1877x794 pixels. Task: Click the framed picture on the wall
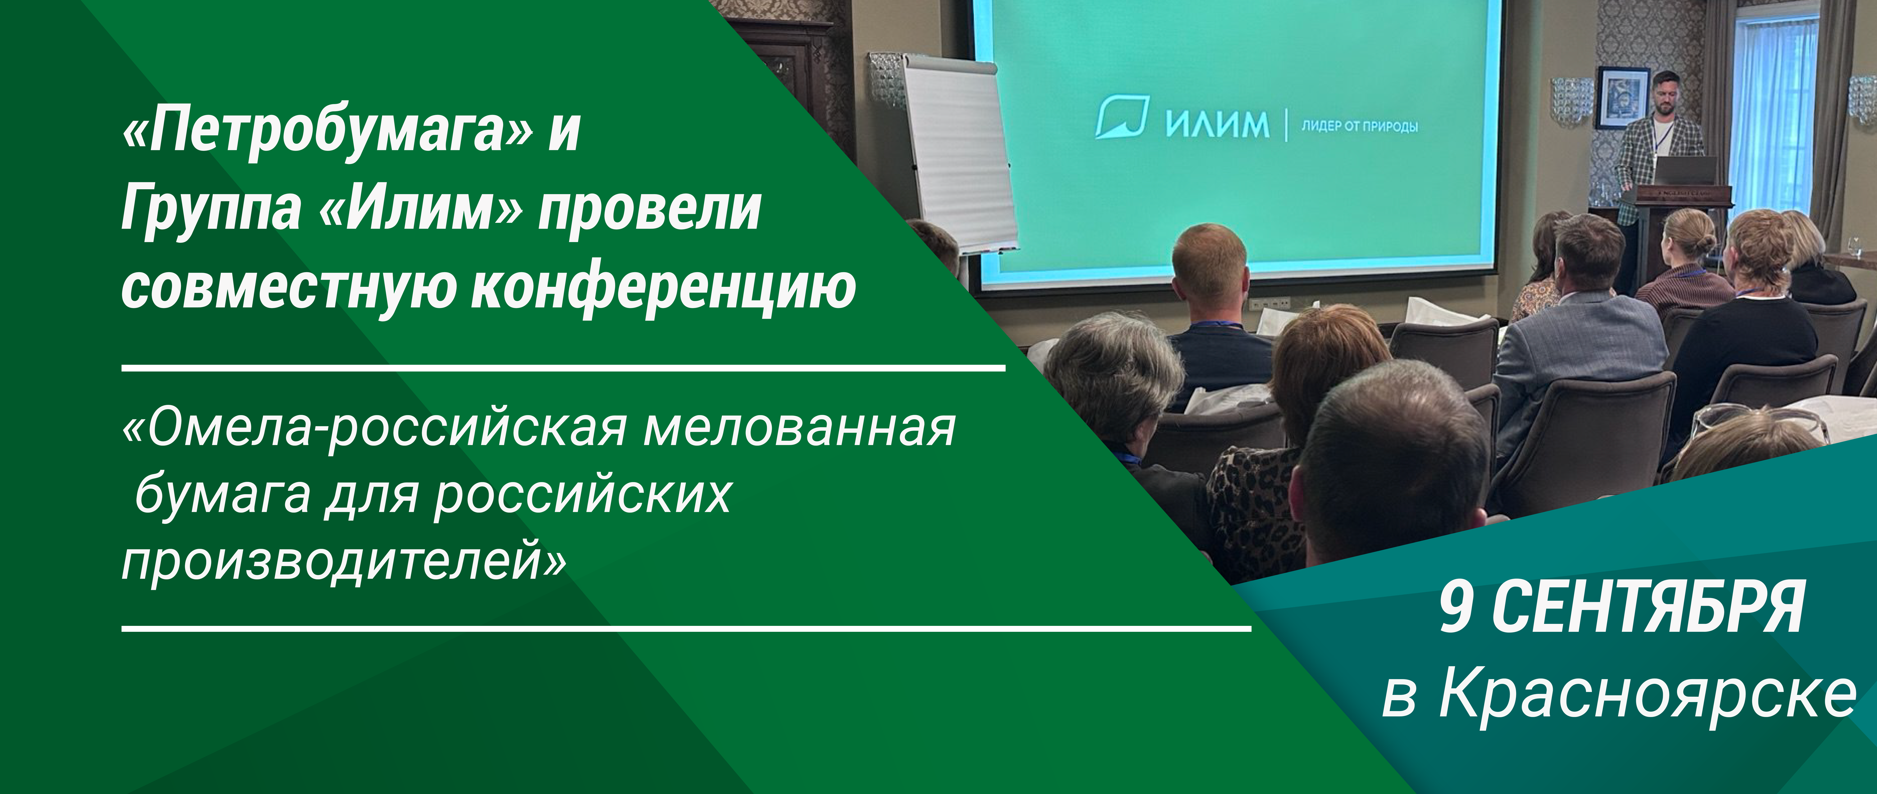coord(1623,98)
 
